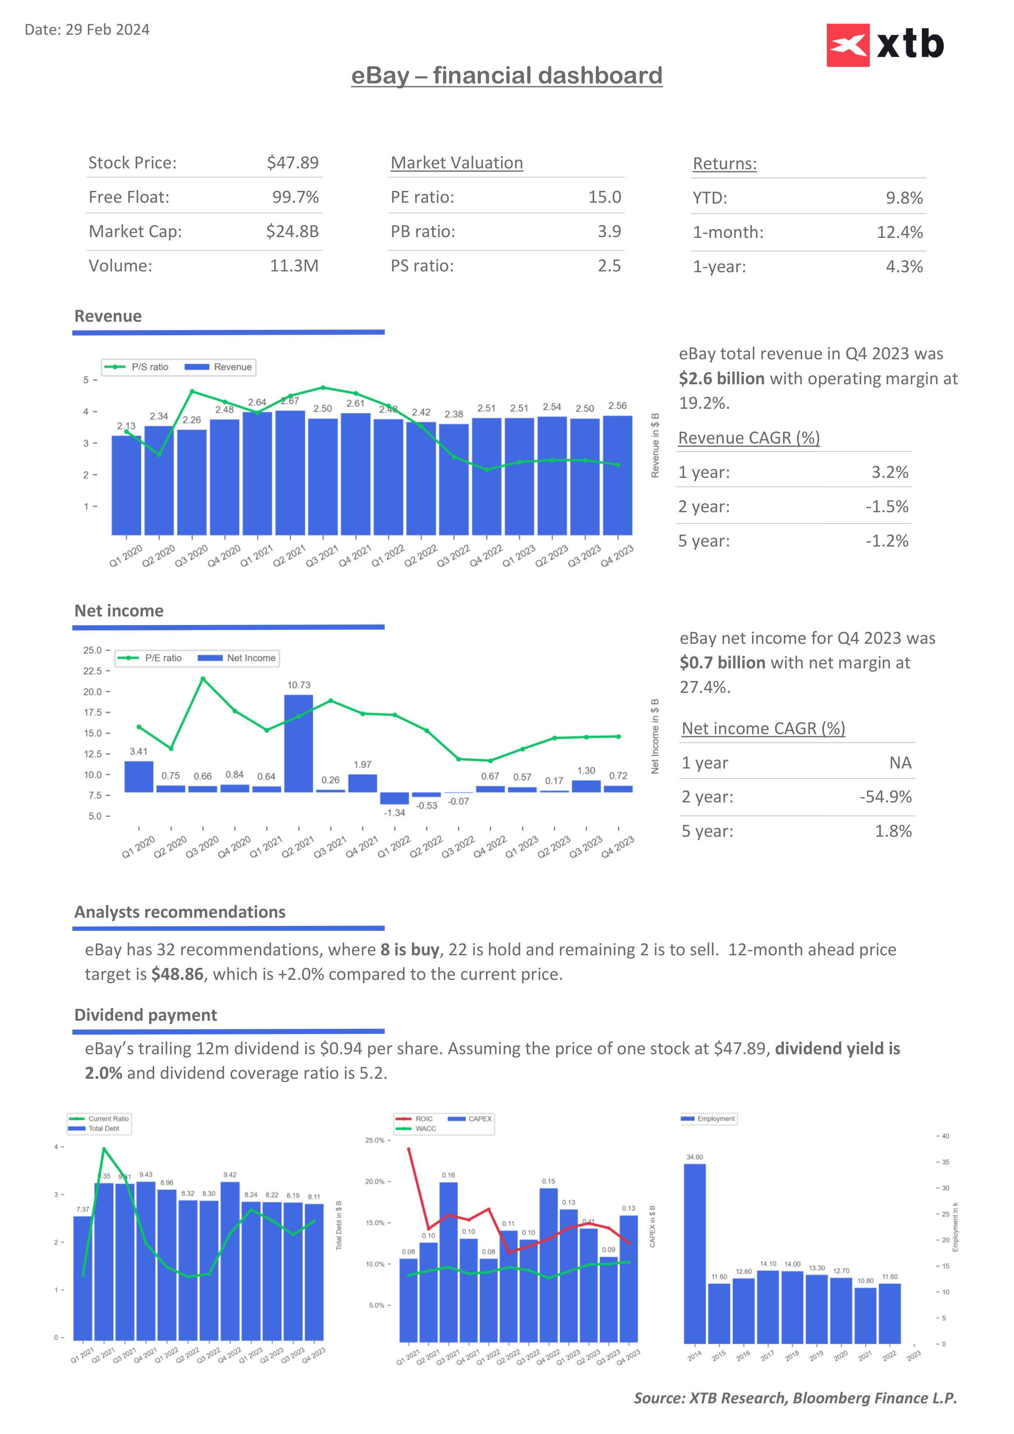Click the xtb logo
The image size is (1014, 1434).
[885, 45]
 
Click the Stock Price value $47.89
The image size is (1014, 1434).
[292, 163]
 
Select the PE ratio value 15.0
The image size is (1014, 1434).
[604, 197]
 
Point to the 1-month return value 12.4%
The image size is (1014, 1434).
[899, 232]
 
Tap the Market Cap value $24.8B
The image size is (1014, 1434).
[292, 232]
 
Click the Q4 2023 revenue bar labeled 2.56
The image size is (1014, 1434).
[617, 475]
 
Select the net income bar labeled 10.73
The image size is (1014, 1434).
[298, 743]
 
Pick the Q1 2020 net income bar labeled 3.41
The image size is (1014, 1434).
[139, 776]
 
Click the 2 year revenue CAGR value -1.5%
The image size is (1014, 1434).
[886, 506]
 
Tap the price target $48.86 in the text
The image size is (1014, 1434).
[177, 974]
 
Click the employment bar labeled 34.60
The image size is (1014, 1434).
[694, 1252]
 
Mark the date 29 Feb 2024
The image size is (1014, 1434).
[107, 30]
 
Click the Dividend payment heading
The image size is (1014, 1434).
[145, 1015]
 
